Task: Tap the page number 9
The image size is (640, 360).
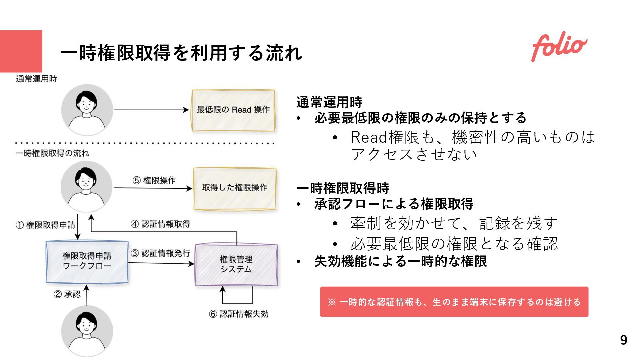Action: (623, 340)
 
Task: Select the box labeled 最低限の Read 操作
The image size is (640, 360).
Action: (233, 110)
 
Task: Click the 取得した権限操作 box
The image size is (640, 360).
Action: (235, 188)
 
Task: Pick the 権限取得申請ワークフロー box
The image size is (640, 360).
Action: (87, 262)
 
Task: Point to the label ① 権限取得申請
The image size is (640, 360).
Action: (46, 225)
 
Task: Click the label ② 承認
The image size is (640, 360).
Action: (67, 294)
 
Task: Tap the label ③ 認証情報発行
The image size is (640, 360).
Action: (161, 253)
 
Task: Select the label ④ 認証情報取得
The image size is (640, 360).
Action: (161, 224)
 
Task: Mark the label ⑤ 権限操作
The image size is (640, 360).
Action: (154, 180)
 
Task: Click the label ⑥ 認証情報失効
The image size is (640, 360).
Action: (239, 314)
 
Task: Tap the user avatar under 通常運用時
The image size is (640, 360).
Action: (87, 110)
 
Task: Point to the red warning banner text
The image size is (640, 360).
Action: (454, 302)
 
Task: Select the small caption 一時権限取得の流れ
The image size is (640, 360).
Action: (52, 153)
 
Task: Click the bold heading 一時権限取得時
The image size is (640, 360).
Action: (343, 188)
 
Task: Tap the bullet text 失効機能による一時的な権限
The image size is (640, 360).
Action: (400, 261)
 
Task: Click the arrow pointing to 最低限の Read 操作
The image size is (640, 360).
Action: (151, 110)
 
